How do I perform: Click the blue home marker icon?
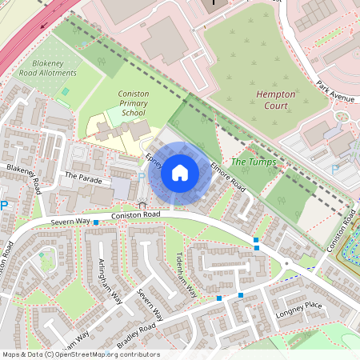tap(180, 173)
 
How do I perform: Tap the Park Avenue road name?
tap(334, 91)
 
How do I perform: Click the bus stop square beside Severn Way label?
tap(95, 222)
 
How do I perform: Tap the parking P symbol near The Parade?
tap(142, 177)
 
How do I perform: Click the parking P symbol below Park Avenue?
tap(335, 169)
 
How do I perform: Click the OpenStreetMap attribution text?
tap(80, 354)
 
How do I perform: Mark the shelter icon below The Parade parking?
tap(142, 205)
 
